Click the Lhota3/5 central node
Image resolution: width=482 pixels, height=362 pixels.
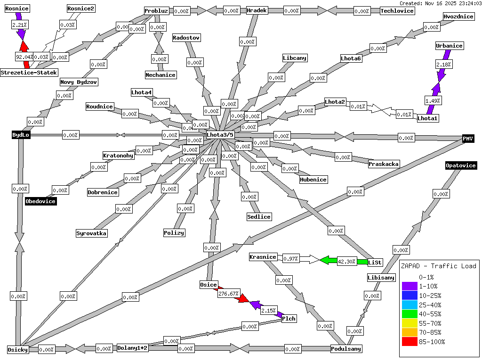click(220, 135)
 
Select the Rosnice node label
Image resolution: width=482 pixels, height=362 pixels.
click(17, 8)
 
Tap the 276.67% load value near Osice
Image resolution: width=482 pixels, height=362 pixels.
click(229, 293)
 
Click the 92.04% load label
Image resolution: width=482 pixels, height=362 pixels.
click(24, 57)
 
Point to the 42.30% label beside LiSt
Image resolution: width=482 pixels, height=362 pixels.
click(347, 261)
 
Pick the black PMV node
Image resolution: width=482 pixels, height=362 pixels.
click(468, 138)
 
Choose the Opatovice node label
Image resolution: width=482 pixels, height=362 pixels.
click(461, 165)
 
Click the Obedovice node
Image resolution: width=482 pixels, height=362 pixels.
click(40, 201)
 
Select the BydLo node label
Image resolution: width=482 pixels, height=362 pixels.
click(21, 135)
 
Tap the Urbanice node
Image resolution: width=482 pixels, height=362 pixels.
click(449, 46)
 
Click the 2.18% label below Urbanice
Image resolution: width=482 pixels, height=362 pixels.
click(443, 64)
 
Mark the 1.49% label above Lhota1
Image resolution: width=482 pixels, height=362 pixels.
click(433, 100)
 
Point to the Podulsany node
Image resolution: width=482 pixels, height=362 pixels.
click(346, 349)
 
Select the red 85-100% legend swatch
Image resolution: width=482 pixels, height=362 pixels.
click(410, 342)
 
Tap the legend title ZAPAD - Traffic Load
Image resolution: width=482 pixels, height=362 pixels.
click(438, 266)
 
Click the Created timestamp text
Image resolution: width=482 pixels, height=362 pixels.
click(440, 3)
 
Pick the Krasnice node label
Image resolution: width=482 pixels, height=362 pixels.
click(263, 257)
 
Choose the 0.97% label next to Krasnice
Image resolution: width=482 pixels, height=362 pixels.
click(291, 259)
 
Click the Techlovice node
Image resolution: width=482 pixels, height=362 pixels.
click(397, 11)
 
